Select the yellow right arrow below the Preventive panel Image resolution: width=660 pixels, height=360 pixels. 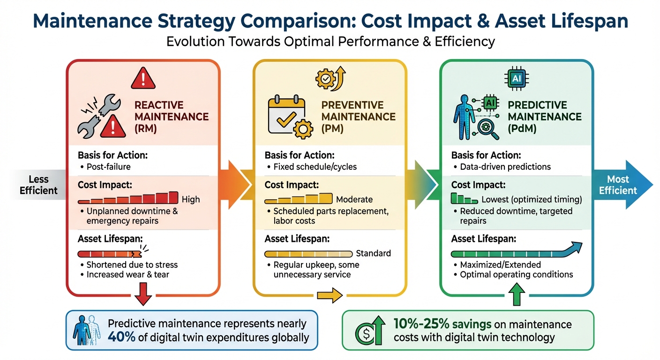(330, 296)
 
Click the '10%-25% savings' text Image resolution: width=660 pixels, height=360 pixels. (442, 324)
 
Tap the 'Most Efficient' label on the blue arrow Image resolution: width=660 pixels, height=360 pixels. (618, 185)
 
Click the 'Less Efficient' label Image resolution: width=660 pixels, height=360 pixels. (38, 185)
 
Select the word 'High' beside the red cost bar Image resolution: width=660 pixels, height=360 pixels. (190, 199)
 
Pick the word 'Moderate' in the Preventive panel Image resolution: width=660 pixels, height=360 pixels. (354, 199)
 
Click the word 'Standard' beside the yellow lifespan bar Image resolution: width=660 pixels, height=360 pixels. (373, 254)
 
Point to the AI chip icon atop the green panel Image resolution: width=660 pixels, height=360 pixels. (516, 79)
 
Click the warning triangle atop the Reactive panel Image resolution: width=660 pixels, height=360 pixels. (143, 78)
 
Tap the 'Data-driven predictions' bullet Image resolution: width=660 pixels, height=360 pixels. (505, 166)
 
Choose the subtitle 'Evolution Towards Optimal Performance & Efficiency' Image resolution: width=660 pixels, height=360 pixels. (330, 41)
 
